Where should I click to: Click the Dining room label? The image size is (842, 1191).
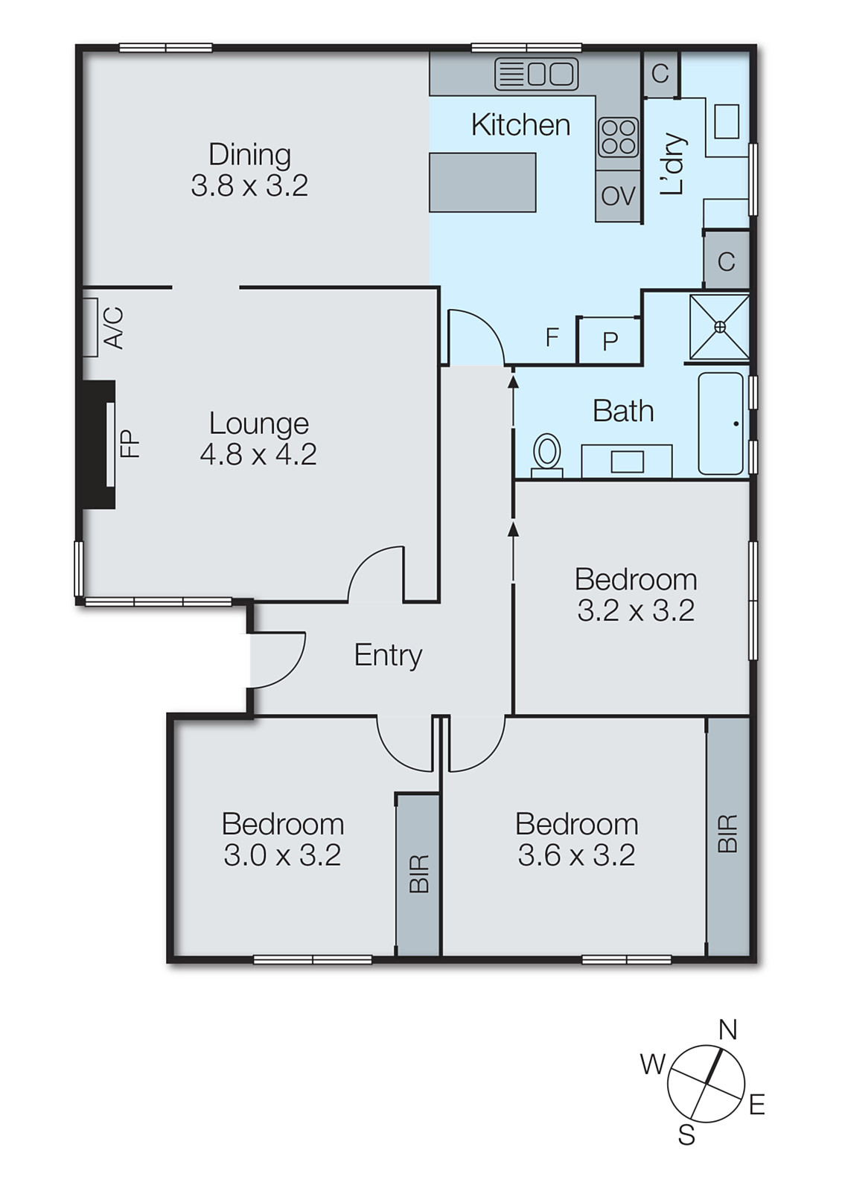pyautogui.click(x=249, y=155)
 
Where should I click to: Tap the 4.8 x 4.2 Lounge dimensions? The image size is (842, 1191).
pyautogui.click(x=258, y=454)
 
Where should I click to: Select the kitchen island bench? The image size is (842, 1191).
pyautogui.click(x=482, y=182)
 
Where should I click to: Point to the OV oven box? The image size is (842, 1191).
pyautogui.click(x=618, y=197)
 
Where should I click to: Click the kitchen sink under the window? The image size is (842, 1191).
pyautogui.click(x=537, y=74)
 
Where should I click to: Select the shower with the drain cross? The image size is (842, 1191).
pyautogui.click(x=719, y=327)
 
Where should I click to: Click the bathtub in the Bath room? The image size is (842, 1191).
pyautogui.click(x=721, y=424)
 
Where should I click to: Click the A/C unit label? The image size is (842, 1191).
pyautogui.click(x=114, y=328)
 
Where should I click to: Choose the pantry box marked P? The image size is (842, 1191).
pyautogui.click(x=610, y=341)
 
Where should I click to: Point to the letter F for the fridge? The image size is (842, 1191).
pyautogui.click(x=552, y=337)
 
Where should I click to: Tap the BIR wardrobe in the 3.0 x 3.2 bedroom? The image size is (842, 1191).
pyautogui.click(x=418, y=874)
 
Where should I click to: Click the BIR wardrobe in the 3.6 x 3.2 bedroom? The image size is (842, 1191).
pyautogui.click(x=727, y=834)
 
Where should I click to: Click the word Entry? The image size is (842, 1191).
pyautogui.click(x=388, y=655)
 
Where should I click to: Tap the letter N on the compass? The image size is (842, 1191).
pyautogui.click(x=727, y=1029)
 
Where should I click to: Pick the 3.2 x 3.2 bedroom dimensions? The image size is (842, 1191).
pyautogui.click(x=636, y=611)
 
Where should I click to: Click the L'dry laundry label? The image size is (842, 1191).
pyautogui.click(x=672, y=165)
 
